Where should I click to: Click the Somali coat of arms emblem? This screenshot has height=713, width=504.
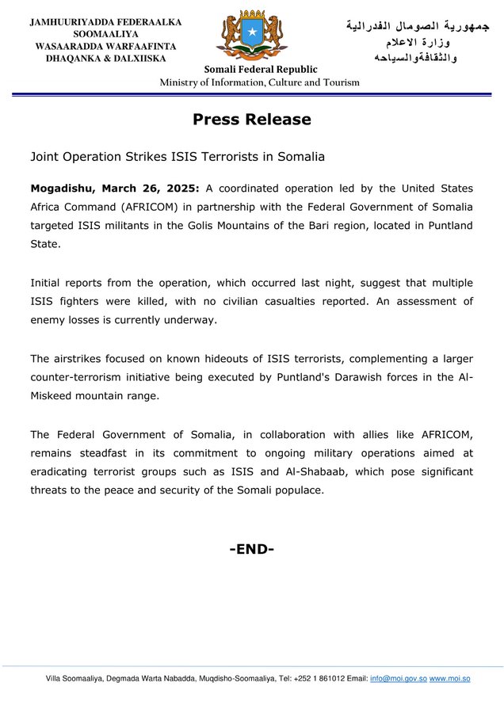[x=252, y=35]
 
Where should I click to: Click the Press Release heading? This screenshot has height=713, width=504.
[x=252, y=120]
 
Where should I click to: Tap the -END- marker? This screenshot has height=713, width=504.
[x=252, y=548]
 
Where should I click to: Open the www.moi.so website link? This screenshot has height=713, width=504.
[x=449, y=679]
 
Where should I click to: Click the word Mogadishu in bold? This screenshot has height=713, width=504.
[x=62, y=189]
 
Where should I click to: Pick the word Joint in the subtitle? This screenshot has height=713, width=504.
[x=45, y=157]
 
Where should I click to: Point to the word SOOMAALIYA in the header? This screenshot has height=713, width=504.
[x=106, y=34]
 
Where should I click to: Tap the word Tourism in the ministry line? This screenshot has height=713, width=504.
[x=338, y=82]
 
